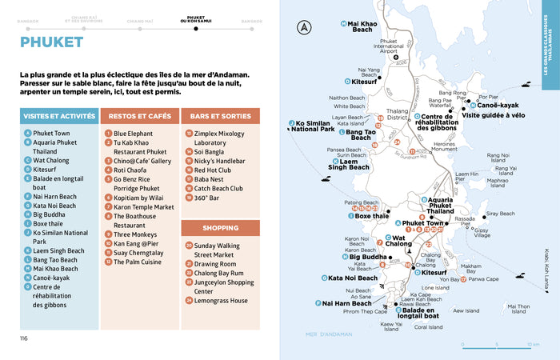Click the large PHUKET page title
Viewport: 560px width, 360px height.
click(52, 42)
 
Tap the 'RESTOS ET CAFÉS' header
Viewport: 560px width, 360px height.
click(139, 116)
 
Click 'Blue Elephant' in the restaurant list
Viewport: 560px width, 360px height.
click(133, 134)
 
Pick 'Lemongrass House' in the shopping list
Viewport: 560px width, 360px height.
click(221, 300)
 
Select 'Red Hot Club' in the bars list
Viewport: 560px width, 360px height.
click(212, 170)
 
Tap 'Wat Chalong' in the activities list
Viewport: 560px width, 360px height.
click(51, 160)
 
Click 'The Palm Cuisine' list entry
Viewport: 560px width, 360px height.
click(137, 262)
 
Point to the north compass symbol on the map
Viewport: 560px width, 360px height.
click(303, 30)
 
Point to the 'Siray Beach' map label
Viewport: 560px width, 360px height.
click(501, 214)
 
